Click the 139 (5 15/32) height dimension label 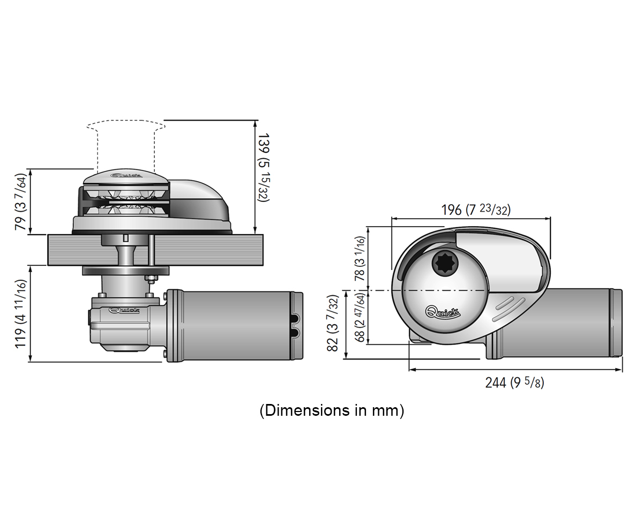click(264, 168)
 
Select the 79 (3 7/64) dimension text click(20, 202)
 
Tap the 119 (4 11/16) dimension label click(20, 314)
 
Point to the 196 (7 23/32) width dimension click(476, 209)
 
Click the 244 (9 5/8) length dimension click(514, 383)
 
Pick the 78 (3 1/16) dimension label click(360, 259)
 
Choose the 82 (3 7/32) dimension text click(333, 323)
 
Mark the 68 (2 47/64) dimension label click(360, 317)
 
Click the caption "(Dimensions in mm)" click(332, 410)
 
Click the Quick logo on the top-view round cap click(443, 312)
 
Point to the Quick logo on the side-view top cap click(126, 175)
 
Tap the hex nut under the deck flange click(152, 279)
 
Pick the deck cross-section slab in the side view click(155, 250)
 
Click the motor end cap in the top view click(616, 323)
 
